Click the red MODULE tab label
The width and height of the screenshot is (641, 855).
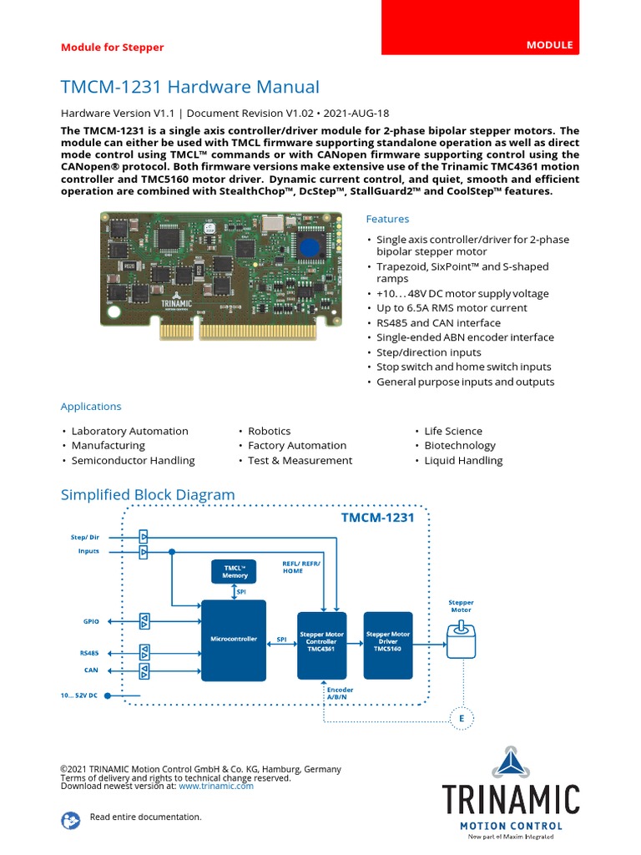click(549, 45)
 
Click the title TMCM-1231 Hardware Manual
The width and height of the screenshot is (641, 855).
click(189, 87)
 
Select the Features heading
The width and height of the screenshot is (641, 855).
click(387, 219)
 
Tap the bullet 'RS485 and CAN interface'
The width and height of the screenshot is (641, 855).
click(438, 323)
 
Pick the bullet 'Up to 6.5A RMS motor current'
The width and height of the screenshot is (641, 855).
click(452, 308)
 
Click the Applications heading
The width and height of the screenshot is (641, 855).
click(91, 407)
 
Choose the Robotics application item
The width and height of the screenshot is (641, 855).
click(269, 431)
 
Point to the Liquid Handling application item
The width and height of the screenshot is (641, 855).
click(463, 460)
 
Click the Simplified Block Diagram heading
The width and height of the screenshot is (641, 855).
click(148, 494)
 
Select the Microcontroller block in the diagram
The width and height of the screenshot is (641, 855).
click(234, 640)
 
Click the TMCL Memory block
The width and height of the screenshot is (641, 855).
click(235, 572)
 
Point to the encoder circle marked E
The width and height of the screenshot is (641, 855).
click(461, 718)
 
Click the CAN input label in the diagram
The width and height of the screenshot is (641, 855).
click(91, 670)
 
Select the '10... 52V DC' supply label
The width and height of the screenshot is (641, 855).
click(78, 695)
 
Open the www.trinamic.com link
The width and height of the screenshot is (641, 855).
click(215, 786)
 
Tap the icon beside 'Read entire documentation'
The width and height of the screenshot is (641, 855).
click(70, 820)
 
